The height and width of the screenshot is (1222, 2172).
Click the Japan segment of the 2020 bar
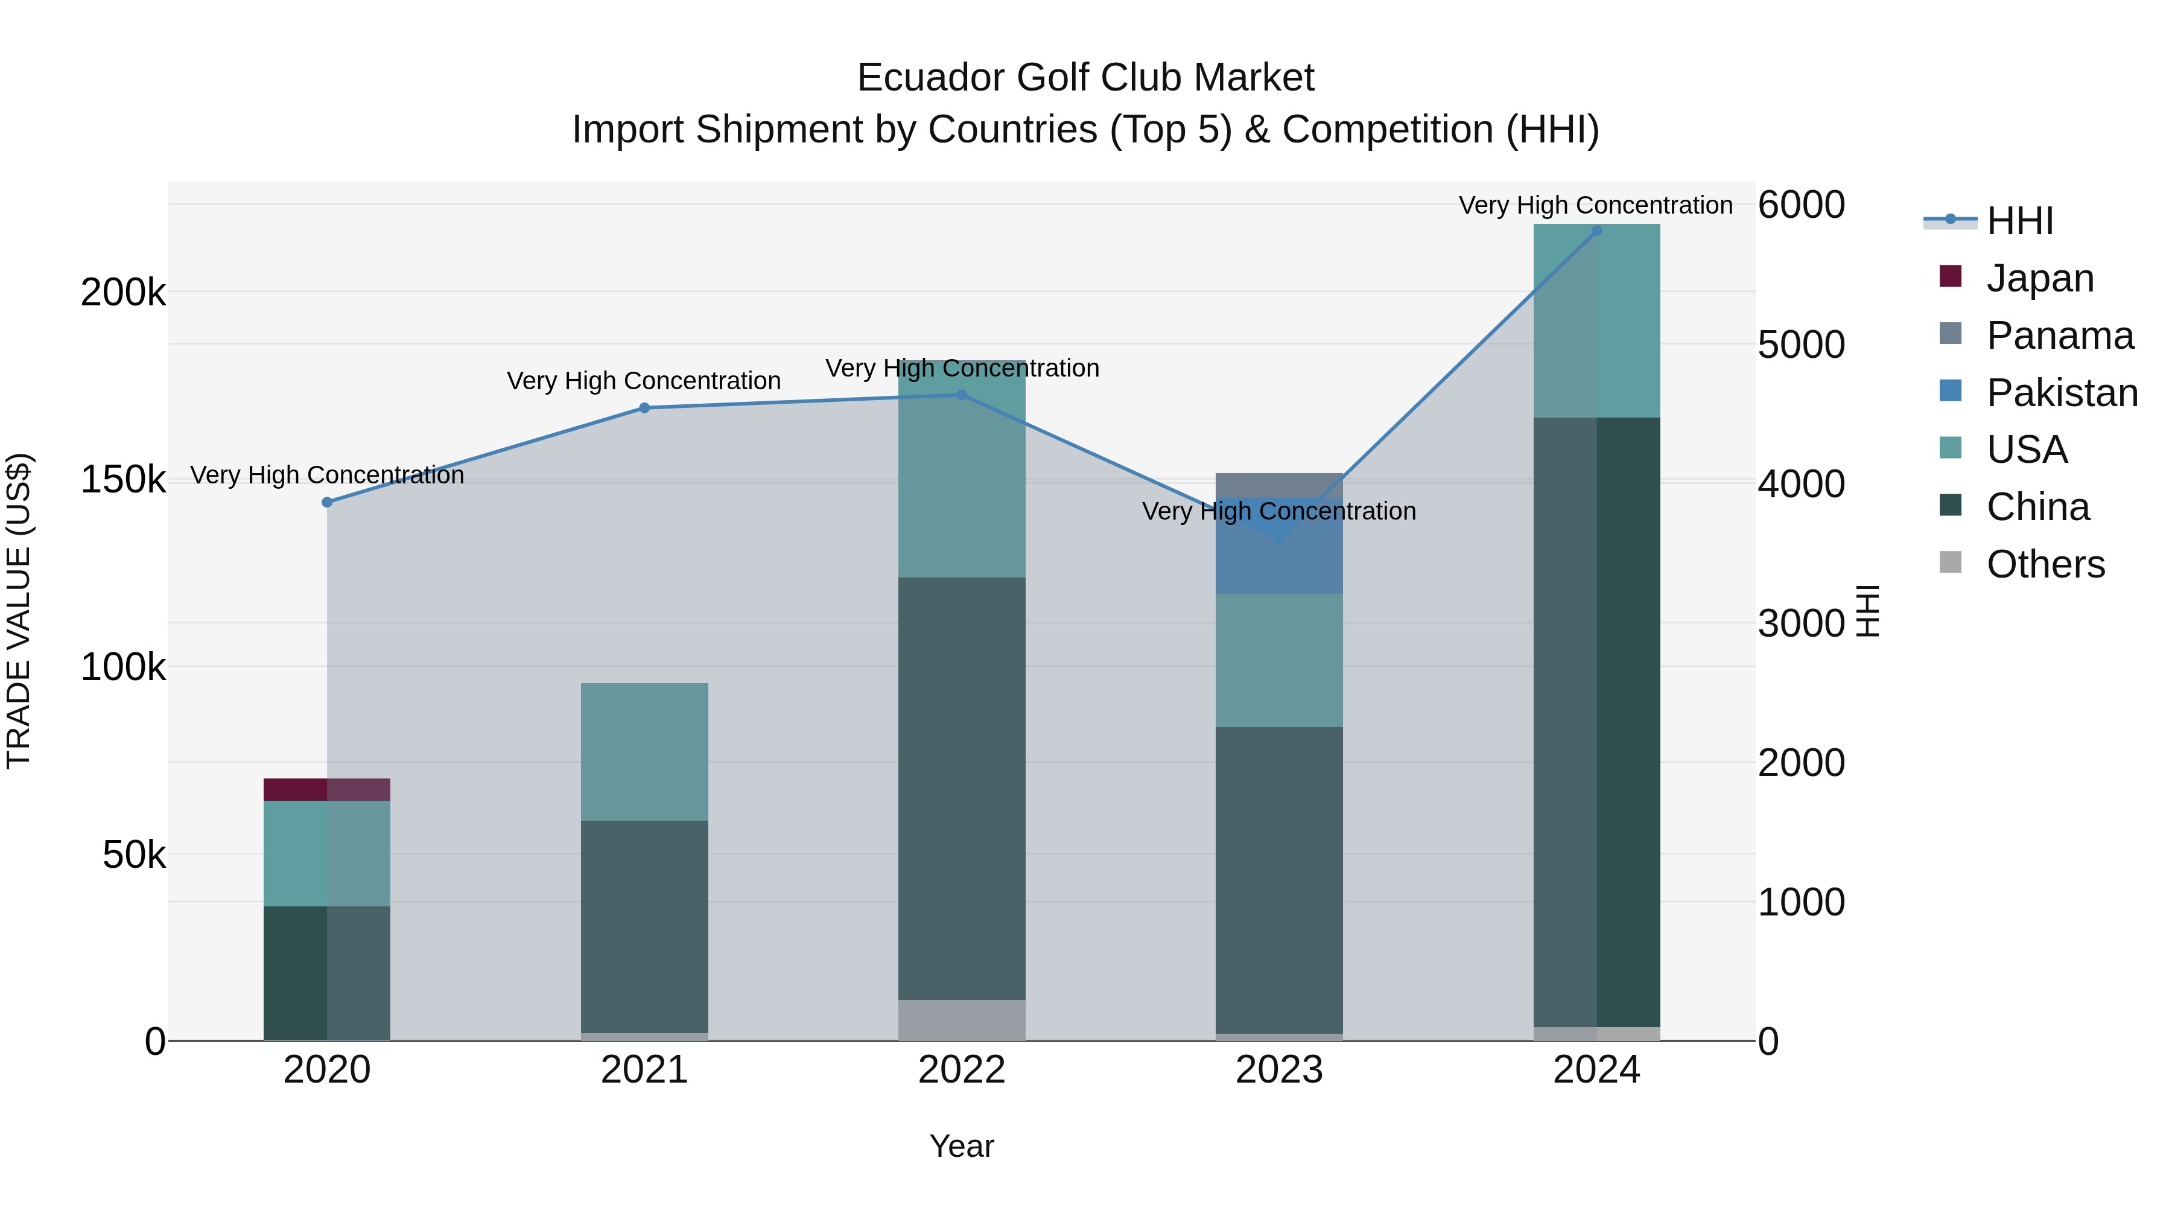pos(326,789)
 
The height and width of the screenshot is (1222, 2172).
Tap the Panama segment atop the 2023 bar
pos(1278,485)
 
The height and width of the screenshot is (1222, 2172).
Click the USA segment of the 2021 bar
pos(644,751)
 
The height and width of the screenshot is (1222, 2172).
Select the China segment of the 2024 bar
pos(1596,721)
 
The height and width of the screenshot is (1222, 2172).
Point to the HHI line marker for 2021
pos(644,408)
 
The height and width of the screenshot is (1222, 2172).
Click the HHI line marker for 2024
pos(1596,231)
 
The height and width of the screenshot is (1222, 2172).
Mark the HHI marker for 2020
pos(327,503)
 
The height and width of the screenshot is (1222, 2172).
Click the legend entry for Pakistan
pos(2061,393)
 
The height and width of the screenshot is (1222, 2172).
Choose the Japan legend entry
pos(2039,278)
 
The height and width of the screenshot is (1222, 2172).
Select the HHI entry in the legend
pos(2019,221)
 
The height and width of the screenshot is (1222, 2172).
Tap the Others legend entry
pos(2044,564)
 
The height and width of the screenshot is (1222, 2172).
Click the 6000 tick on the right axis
pos(1801,205)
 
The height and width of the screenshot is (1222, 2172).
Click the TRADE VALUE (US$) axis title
pos(19,611)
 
